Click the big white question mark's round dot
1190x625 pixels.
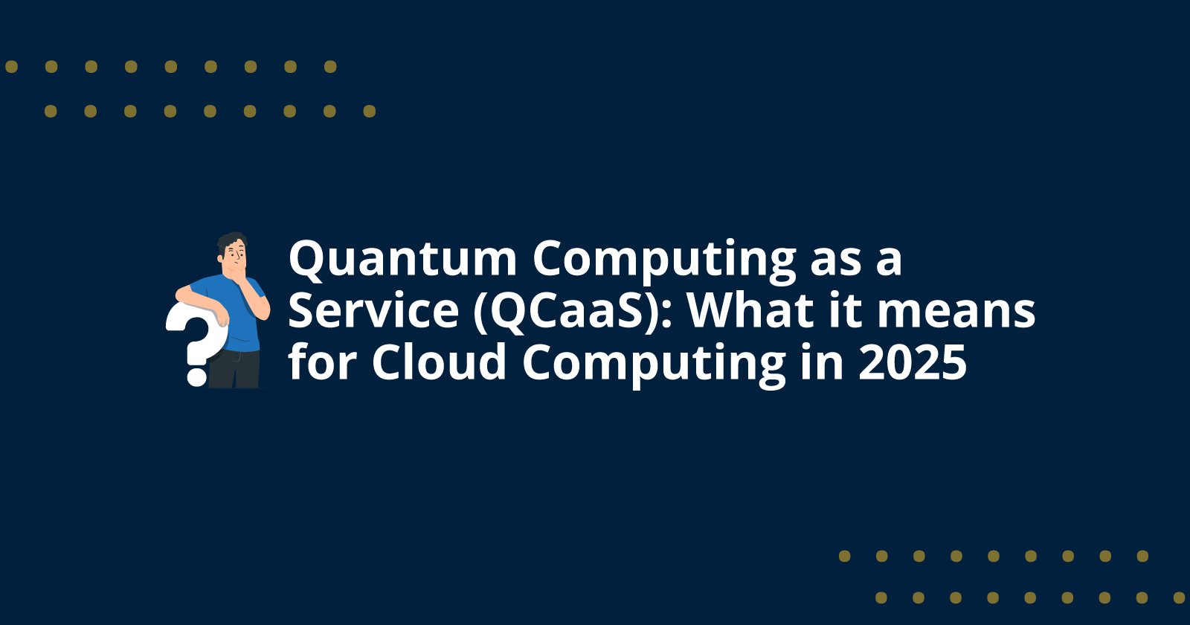[196, 374]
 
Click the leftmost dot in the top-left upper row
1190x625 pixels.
[11, 67]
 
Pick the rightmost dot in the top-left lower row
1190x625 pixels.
[369, 112]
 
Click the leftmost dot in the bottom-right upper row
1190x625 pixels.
[844, 556]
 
